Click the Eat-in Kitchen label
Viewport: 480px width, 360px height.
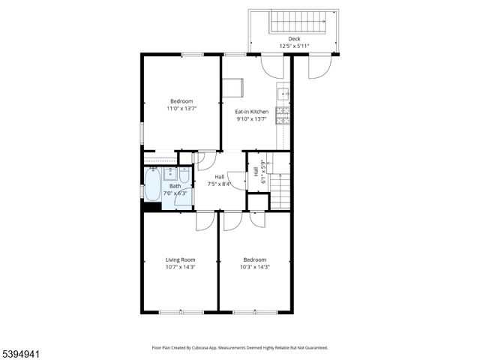point(251,112)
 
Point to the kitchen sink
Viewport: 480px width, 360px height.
point(283,94)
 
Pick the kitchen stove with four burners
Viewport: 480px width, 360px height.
point(283,115)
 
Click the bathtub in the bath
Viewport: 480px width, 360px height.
point(151,184)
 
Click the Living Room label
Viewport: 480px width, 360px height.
point(180,259)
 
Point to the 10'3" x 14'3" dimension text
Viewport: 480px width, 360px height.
point(255,267)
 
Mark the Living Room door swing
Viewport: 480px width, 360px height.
point(205,220)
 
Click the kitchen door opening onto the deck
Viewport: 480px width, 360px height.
point(273,66)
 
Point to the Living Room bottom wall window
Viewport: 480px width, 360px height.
point(180,311)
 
